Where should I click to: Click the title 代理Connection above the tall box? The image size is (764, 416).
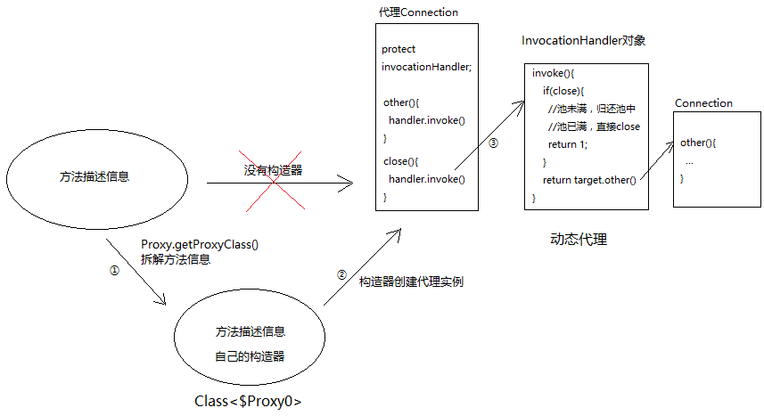tap(419, 12)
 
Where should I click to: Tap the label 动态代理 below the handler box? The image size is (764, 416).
tap(579, 240)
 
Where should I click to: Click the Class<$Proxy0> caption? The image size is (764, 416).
tap(248, 402)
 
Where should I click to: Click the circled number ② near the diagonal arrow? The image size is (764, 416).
tap(341, 274)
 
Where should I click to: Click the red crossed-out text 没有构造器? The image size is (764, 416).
tap(273, 170)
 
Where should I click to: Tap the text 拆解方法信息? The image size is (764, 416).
tap(176, 260)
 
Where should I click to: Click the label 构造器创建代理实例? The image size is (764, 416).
tap(411, 281)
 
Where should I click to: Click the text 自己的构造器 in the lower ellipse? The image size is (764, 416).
tap(250, 357)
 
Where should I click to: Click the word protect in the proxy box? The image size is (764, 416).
tap(398, 49)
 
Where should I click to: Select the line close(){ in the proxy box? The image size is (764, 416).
tap(400, 161)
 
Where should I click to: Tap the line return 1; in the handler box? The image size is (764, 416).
tap(568, 144)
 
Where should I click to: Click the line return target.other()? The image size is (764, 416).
tap(589, 180)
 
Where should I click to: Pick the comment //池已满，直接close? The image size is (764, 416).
tap(594, 126)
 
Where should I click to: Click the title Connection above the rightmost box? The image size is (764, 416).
tap(703, 103)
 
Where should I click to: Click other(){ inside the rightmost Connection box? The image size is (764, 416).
tap(698, 143)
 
